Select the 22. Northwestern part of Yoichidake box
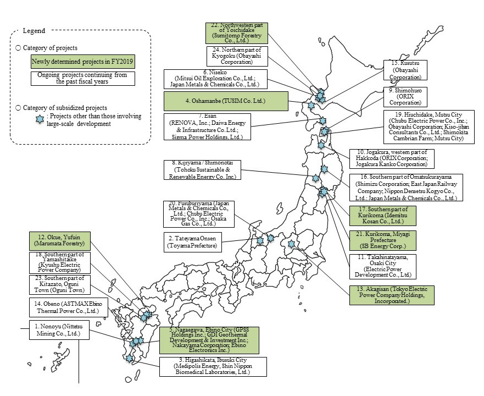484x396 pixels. [237, 32]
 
